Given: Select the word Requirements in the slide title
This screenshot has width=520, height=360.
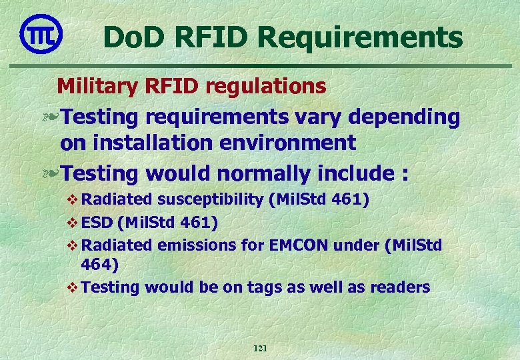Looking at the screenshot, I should coord(361,38).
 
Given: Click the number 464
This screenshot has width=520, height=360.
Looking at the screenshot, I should coord(99,265).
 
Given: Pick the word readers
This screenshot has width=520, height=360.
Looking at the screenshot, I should coord(403,287).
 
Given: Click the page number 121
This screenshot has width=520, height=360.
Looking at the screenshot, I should coord(260,349).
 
